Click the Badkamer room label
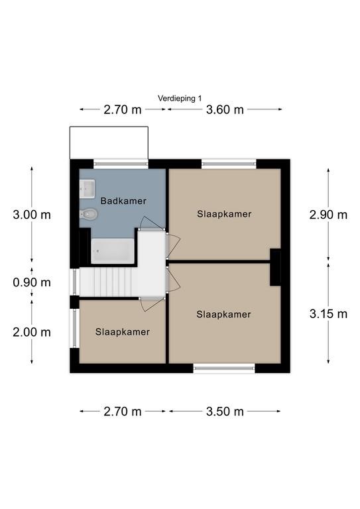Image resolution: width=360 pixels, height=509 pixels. click(123, 201)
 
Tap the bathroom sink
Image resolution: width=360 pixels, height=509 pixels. click(87, 189)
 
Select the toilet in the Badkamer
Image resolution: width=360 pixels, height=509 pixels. click(88, 214)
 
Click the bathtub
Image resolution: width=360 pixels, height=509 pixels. click(112, 251)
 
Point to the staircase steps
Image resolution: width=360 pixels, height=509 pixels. click(109, 282)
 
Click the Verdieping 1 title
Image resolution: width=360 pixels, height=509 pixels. click(180, 98)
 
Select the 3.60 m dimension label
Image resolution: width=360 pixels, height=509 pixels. click(225, 110)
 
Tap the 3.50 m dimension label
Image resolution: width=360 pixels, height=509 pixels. click(225, 412)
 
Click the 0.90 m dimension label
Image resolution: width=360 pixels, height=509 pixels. click(32, 282)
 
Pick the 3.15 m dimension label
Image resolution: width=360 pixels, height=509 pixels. click(328, 314)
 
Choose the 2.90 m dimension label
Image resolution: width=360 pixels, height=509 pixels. click(328, 215)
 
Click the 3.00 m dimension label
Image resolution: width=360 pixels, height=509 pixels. click(32, 215)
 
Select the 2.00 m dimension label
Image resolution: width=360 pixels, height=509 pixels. click(32, 333)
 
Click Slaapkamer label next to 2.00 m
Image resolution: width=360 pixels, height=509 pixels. click(123, 332)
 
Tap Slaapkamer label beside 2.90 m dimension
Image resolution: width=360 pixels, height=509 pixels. click(224, 214)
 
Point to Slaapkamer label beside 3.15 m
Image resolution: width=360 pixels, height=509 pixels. click(223, 314)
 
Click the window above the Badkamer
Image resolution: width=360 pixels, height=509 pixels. click(121, 164)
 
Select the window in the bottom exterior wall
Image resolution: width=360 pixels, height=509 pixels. click(224, 368)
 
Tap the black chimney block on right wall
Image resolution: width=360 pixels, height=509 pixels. click(275, 267)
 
